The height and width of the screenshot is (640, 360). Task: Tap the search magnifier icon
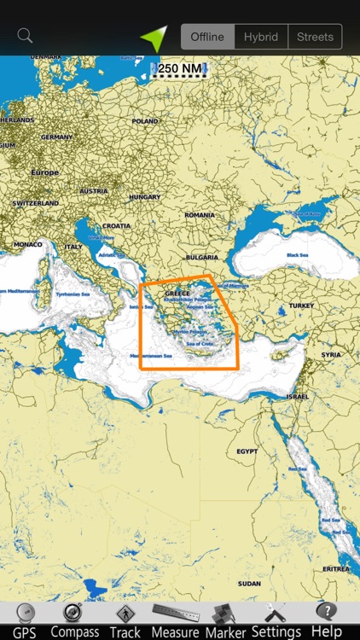coord(25,36)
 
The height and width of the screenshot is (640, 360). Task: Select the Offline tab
coord(207,37)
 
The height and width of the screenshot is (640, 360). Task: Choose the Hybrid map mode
coord(261,37)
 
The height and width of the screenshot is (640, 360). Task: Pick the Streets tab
coord(315,37)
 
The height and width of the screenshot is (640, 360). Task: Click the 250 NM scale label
coord(180,68)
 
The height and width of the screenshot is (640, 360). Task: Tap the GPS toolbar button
coord(25,621)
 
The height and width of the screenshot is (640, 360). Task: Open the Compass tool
coord(74,621)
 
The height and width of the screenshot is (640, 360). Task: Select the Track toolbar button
coord(125,621)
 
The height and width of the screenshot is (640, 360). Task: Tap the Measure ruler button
coord(175,621)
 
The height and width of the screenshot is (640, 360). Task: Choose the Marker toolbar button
coord(225,621)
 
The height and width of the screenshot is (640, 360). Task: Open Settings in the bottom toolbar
coord(276,621)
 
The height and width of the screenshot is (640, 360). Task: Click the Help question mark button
coord(326,621)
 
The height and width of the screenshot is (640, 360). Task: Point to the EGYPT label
coord(247,451)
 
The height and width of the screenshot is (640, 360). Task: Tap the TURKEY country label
coord(301,305)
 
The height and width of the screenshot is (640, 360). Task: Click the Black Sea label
coord(298,255)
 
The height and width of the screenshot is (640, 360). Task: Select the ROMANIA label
coord(199,215)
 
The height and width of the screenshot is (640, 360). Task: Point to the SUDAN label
coord(249,584)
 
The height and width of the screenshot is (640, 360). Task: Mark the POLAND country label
coord(145,121)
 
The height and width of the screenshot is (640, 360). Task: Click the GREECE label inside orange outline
coord(178,294)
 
